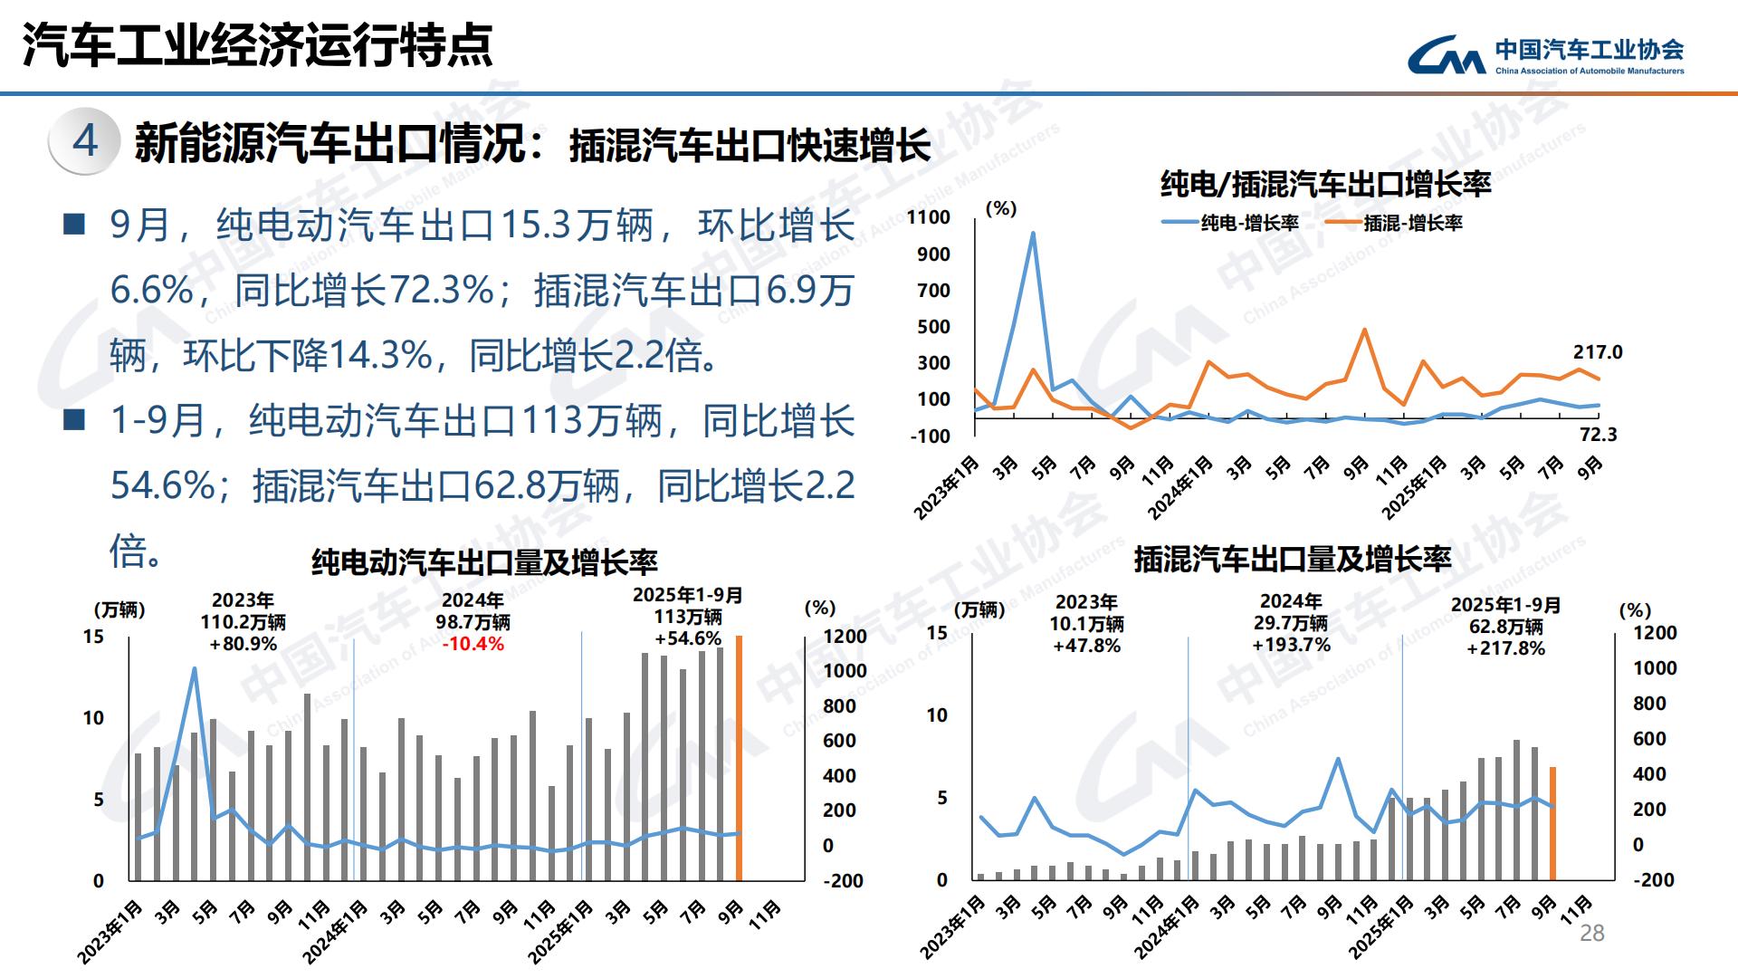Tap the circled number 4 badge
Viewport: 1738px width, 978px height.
85,141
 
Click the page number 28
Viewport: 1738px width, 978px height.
1591,934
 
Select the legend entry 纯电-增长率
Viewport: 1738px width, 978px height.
1231,223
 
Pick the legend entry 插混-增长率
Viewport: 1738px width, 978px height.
1394,223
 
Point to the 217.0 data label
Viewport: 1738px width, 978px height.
1598,352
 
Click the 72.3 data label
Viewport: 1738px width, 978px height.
1598,435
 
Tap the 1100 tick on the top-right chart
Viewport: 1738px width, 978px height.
929,217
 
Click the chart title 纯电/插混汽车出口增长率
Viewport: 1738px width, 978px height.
1326,185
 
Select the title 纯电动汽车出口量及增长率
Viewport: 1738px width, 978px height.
484,562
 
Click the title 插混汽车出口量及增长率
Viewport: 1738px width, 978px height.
1293,559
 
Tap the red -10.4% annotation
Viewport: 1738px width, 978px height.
473,644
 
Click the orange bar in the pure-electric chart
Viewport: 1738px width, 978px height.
739,761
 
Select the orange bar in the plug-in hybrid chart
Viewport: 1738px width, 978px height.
1552,824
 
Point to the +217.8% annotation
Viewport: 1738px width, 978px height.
1506,648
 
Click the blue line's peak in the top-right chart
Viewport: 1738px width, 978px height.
1033,234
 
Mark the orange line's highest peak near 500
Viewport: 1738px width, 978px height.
1364,330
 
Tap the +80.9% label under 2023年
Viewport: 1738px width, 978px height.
243,644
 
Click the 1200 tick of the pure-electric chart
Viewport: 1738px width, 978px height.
845,637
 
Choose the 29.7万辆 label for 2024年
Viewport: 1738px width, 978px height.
1291,623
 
